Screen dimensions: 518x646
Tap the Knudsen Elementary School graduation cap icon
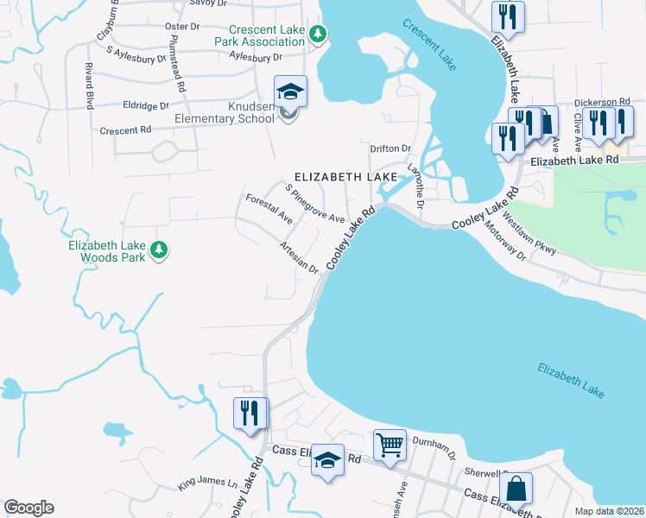point(291,92)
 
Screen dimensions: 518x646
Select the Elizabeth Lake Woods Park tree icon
point(158,250)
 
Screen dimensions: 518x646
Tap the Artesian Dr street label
point(299,257)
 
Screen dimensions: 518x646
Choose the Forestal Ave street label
point(269,209)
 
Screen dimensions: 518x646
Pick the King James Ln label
point(207,483)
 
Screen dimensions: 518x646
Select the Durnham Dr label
point(433,446)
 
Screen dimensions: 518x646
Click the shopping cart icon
point(390,445)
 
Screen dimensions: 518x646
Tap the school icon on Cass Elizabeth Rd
point(328,460)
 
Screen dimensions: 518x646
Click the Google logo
point(28,508)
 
